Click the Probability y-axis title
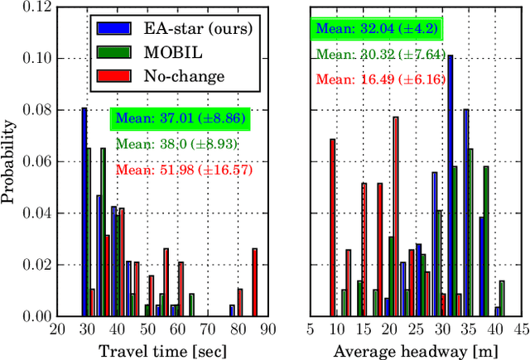coord(11,162)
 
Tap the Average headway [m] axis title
coord(415,350)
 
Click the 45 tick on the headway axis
coord(519,329)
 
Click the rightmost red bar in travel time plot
coord(255,282)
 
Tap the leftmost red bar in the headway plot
coord(333,228)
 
